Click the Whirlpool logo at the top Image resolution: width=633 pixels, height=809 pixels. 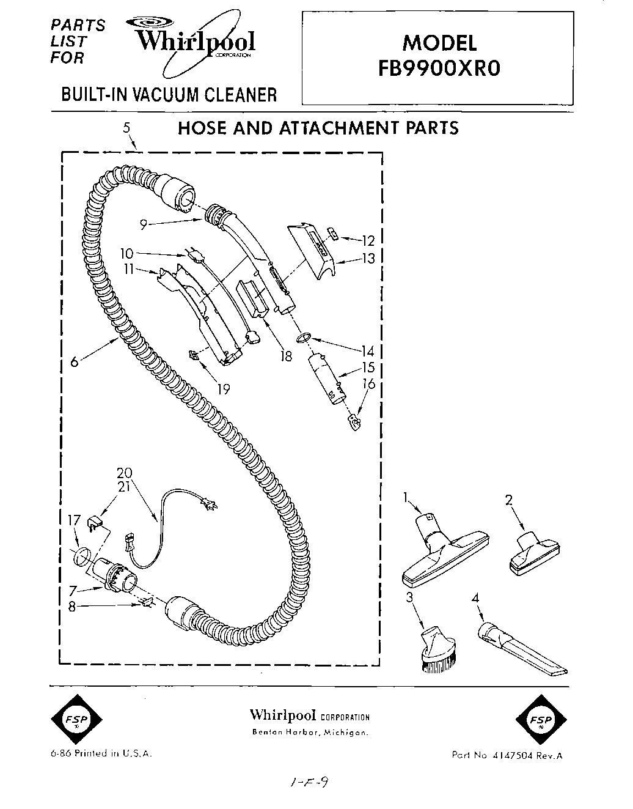pyautogui.click(x=194, y=42)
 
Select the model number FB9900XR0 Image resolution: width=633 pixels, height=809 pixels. pyautogui.click(x=439, y=67)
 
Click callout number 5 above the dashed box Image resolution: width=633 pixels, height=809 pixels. pyautogui.click(x=126, y=128)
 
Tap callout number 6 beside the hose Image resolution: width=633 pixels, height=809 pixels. pyautogui.click(x=75, y=361)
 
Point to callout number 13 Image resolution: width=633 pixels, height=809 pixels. pyautogui.click(x=368, y=258)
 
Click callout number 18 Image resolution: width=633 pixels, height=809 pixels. pyautogui.click(x=286, y=355)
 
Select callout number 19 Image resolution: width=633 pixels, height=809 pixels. pyautogui.click(x=223, y=388)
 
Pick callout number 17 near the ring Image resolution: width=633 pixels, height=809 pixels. pyautogui.click(x=74, y=520)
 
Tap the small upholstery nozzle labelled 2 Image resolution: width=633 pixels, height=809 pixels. pyautogui.click(x=533, y=552)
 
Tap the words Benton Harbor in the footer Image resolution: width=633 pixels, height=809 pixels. pyautogui.click(x=285, y=733)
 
